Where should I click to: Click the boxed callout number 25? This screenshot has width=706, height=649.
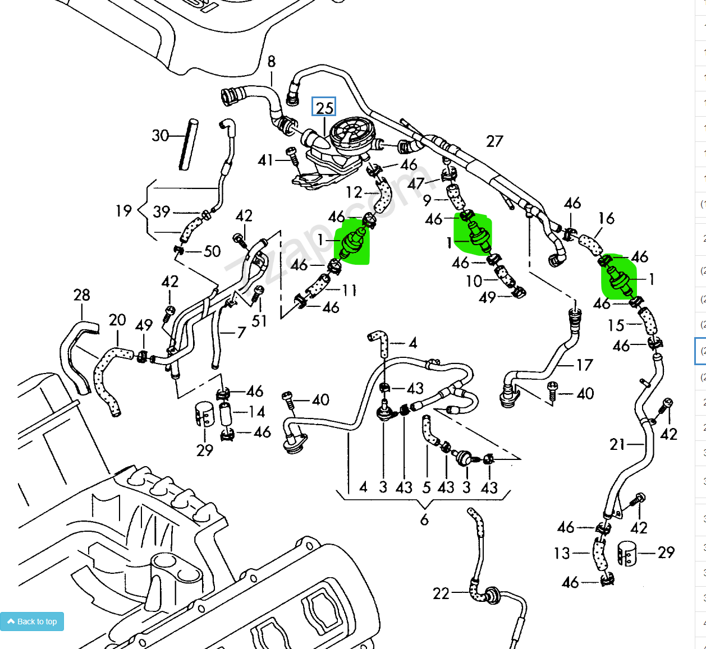pos(324,108)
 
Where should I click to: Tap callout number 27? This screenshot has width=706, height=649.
pos(494,141)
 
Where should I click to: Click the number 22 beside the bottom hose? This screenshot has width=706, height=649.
pos(441,593)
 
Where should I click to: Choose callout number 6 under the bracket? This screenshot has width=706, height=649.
pos(424,520)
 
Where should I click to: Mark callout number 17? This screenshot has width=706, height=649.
pos(584,365)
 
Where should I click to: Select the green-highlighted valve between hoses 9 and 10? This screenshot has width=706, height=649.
pos(475,233)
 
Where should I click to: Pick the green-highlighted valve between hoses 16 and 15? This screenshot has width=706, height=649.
pos(618,278)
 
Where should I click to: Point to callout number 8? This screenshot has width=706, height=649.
pos(272,62)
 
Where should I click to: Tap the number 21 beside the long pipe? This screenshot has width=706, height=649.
pos(617,444)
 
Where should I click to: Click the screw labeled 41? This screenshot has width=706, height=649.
pos(292,157)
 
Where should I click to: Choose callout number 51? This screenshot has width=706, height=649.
pos(259,321)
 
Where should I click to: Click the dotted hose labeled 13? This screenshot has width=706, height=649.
pos(600,554)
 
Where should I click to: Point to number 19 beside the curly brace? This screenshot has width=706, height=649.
pos(123,211)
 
